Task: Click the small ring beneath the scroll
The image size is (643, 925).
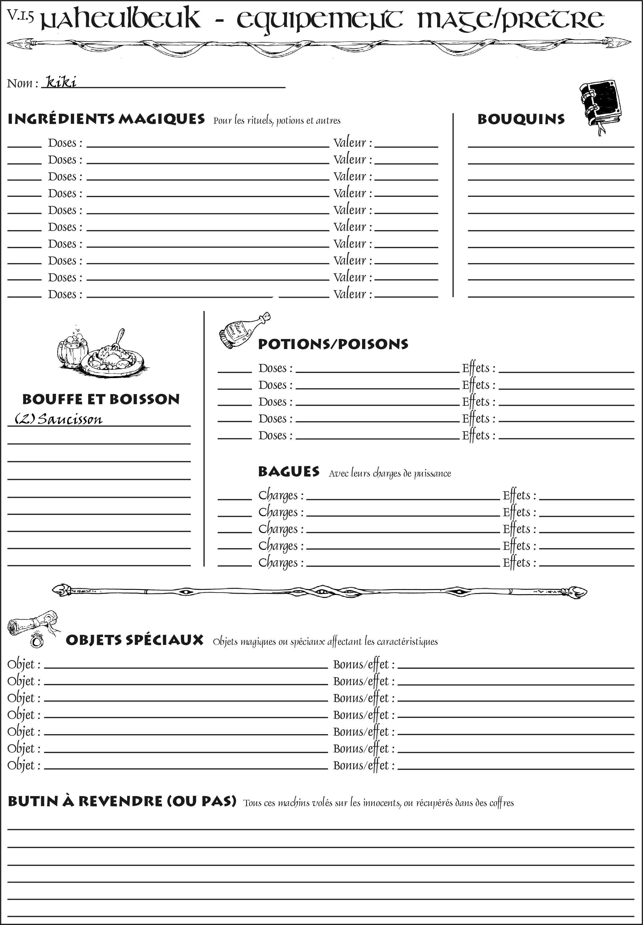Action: click(x=37, y=640)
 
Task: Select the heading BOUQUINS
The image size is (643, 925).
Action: click(x=521, y=119)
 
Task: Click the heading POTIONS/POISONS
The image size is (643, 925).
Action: click(x=333, y=344)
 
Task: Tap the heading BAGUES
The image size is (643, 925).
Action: click(x=288, y=471)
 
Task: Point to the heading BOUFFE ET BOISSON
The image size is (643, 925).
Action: click(x=101, y=399)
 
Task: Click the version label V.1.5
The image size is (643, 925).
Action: click(x=20, y=15)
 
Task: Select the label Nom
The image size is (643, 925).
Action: click(x=22, y=83)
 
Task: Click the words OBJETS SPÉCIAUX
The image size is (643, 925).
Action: click(x=134, y=640)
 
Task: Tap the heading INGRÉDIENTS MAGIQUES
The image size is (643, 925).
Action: click(x=106, y=119)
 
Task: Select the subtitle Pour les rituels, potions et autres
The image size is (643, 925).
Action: click(x=277, y=121)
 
